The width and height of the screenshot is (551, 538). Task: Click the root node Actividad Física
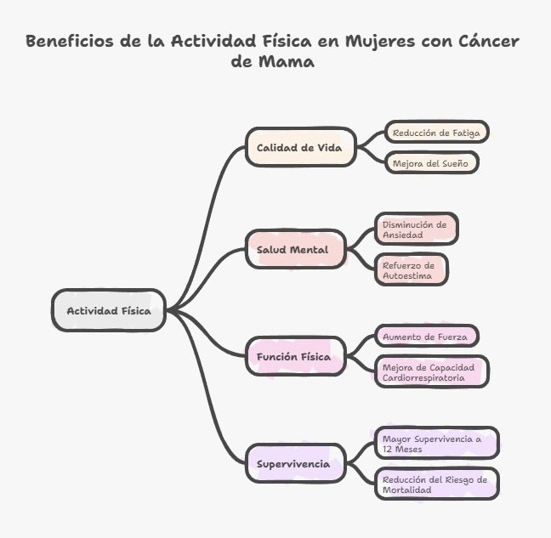(109, 310)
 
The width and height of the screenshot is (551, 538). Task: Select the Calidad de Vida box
(299, 147)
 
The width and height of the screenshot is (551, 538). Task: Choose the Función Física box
(295, 356)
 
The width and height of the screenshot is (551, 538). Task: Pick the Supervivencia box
(293, 464)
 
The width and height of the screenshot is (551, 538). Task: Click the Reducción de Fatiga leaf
(437, 133)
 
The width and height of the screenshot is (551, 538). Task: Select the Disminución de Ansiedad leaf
(415, 229)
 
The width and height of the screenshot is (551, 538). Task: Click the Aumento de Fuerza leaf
(425, 337)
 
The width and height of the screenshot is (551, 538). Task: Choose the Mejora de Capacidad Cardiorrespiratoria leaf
(431, 372)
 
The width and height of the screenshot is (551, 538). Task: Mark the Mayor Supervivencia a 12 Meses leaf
(435, 444)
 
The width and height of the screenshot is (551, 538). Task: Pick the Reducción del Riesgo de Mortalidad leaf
(435, 484)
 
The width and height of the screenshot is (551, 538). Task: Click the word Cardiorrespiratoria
(423, 377)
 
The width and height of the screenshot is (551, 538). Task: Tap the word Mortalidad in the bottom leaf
(407, 490)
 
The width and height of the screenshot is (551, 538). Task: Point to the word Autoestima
(407, 275)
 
